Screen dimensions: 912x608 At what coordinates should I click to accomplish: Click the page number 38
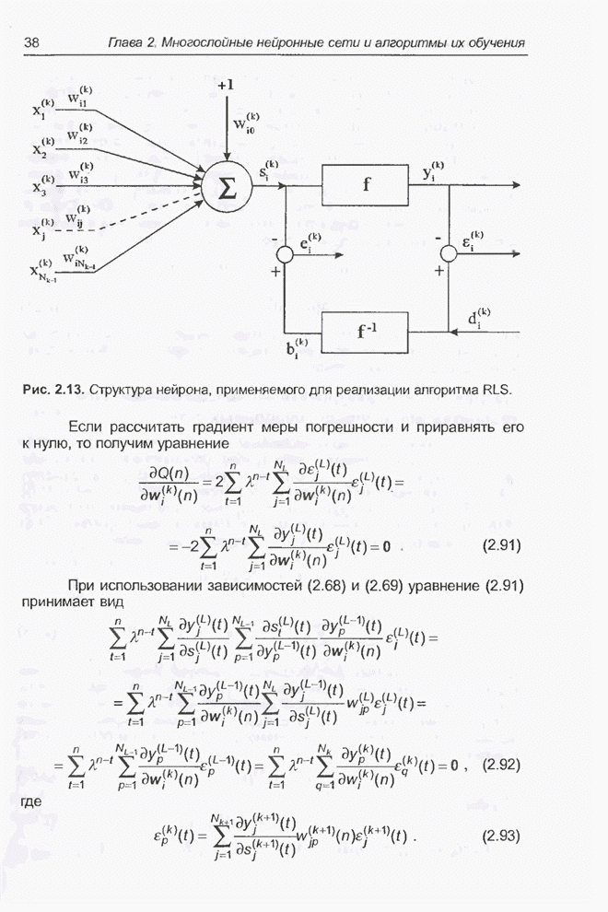(31, 42)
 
